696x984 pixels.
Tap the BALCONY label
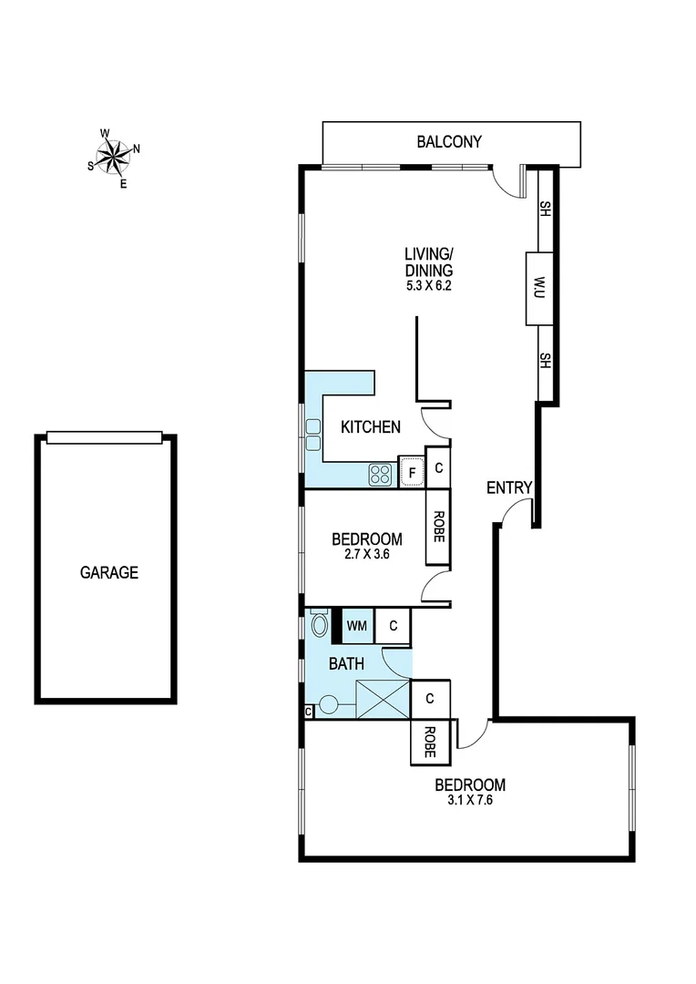pyautogui.click(x=448, y=142)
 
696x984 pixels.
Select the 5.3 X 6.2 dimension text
pyautogui.click(x=429, y=285)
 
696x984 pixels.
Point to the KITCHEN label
pyautogui.click(x=370, y=426)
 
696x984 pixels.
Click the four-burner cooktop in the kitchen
pyautogui.click(x=380, y=474)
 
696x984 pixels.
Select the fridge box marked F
pyautogui.click(x=412, y=473)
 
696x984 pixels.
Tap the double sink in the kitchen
pyautogui.click(x=313, y=435)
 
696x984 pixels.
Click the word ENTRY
pyautogui.click(x=508, y=488)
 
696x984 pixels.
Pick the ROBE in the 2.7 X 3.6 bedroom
pyautogui.click(x=438, y=526)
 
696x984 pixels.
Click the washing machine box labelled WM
pyautogui.click(x=357, y=626)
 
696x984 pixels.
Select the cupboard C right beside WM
pyautogui.click(x=393, y=626)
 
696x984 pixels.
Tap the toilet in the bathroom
pyautogui.click(x=320, y=625)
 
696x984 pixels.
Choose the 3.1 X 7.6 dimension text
pyautogui.click(x=469, y=802)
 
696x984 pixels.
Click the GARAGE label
pyautogui.click(x=109, y=573)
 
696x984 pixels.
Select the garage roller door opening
pyautogui.click(x=105, y=438)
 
